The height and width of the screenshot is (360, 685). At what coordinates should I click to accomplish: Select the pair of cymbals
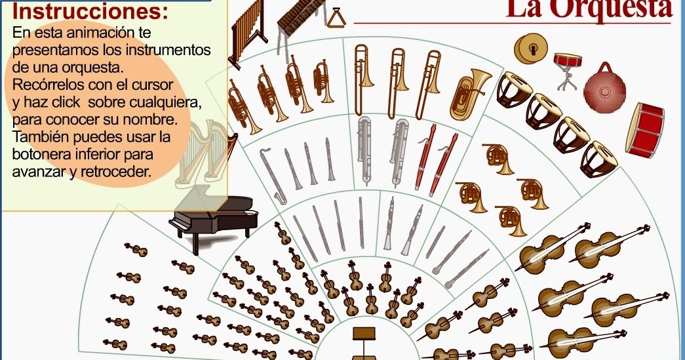coord(532,47)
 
